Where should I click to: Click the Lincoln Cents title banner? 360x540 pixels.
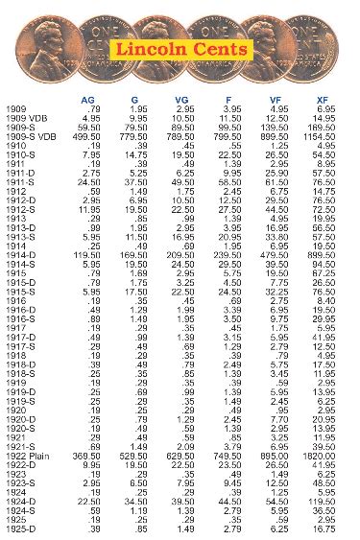(x=181, y=48)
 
